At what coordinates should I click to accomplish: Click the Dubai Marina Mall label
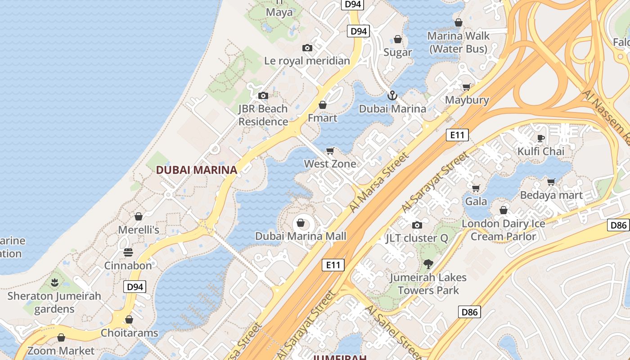[301, 236]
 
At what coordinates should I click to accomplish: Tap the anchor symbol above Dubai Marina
[392, 95]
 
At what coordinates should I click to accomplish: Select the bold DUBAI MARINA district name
[196, 170]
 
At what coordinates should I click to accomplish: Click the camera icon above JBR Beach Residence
[263, 95]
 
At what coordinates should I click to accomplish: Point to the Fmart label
[322, 118]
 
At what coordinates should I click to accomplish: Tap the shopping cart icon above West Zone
[330, 151]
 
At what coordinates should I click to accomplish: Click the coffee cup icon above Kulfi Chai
[540, 138]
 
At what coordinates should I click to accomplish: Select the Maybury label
[467, 100]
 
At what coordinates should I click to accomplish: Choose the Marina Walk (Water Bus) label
[458, 42]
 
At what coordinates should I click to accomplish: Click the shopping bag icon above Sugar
[398, 40]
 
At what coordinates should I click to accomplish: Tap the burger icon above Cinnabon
[128, 252]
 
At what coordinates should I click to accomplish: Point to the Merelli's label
[139, 230]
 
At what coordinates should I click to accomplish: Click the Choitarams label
[130, 333]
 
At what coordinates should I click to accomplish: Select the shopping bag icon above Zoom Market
[61, 337]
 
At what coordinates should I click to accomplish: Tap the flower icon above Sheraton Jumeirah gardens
[54, 283]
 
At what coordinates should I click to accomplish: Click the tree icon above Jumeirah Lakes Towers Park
[427, 264]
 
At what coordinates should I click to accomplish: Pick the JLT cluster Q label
[417, 238]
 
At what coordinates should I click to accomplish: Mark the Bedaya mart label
[551, 195]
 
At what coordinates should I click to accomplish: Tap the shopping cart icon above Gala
[476, 188]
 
